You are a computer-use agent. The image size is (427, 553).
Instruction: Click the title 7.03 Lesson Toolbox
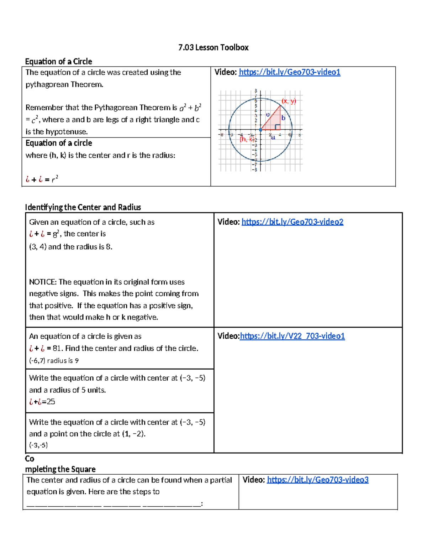click(x=213, y=47)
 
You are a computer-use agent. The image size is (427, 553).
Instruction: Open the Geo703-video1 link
click(x=289, y=72)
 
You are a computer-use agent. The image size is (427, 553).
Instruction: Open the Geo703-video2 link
click(x=292, y=222)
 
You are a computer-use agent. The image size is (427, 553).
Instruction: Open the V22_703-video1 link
click(x=292, y=336)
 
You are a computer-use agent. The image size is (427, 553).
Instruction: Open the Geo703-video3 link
click(x=317, y=480)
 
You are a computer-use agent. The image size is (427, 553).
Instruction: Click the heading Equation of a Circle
click(x=59, y=61)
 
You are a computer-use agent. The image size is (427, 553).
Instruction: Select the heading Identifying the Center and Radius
click(x=83, y=207)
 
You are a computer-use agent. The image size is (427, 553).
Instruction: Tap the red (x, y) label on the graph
click(x=289, y=101)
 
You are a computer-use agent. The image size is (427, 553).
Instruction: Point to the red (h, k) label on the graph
click(x=246, y=139)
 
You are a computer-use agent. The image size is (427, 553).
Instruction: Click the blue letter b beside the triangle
click(x=283, y=118)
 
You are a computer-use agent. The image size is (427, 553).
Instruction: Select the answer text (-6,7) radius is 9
click(x=54, y=361)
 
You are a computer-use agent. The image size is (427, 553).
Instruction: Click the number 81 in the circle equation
click(x=57, y=348)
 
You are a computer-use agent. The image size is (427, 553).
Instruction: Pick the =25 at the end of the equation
click(x=49, y=402)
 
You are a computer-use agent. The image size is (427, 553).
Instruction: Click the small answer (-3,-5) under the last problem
click(x=38, y=445)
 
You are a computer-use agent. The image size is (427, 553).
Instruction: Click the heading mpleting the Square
click(x=60, y=469)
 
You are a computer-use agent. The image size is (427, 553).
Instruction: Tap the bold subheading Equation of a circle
click(x=59, y=143)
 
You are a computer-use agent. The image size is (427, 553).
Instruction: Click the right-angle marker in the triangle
click(x=277, y=127)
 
